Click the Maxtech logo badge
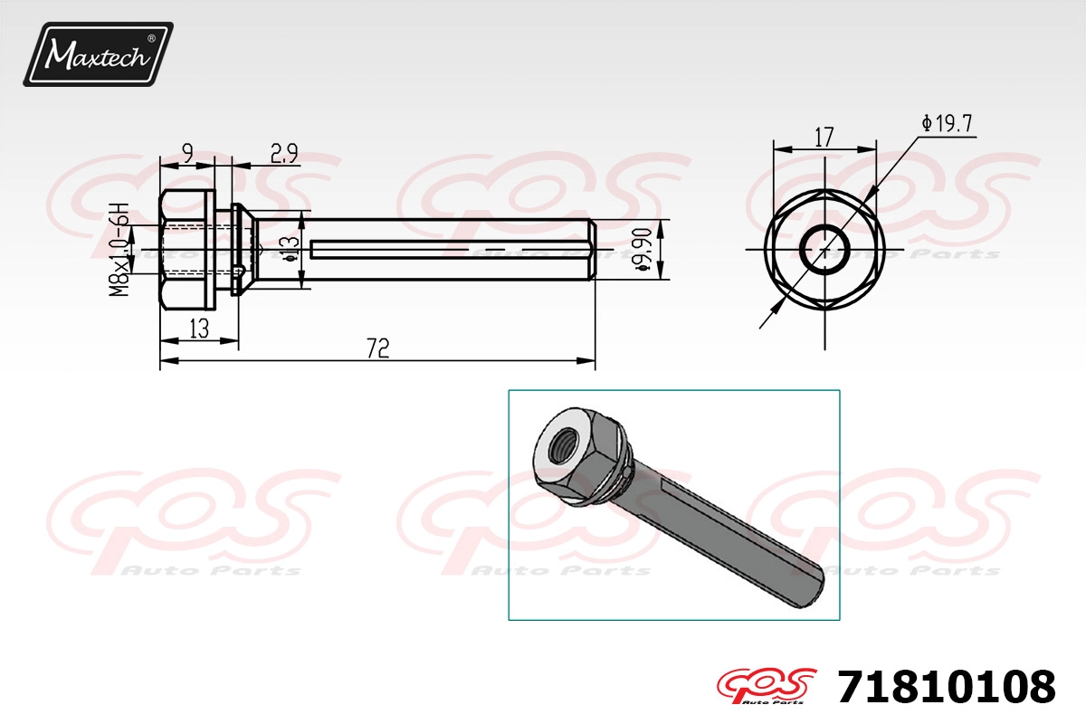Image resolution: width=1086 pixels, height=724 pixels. pos(98,54)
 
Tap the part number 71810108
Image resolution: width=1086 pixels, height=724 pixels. pos(947,687)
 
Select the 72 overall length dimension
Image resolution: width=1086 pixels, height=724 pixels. pos(377,348)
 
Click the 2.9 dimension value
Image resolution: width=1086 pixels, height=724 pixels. pos(283,154)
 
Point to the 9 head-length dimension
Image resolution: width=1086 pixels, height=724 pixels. pos(187,153)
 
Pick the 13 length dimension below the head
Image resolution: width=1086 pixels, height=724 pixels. pos(199,329)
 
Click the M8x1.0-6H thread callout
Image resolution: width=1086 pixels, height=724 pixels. pos(119,250)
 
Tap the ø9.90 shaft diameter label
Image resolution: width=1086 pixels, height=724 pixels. pos(643,249)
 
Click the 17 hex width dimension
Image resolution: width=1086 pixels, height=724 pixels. pos(824,138)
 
